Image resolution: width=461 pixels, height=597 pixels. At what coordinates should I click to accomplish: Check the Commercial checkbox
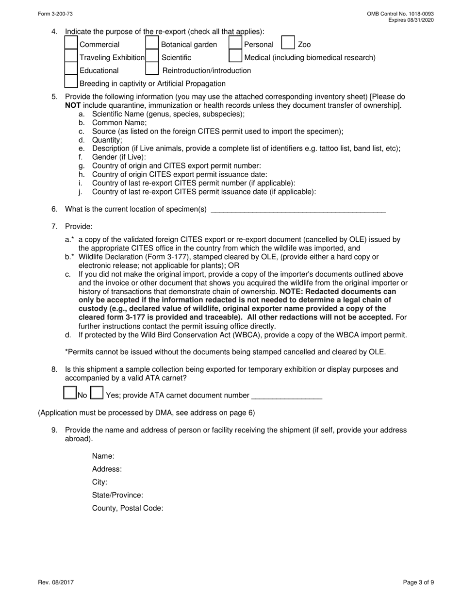(x=71, y=44)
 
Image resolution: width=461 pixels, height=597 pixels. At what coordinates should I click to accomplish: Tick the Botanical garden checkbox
(x=152, y=44)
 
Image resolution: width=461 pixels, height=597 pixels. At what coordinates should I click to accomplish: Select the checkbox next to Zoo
(x=288, y=44)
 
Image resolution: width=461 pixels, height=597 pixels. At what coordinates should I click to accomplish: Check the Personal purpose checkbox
(x=235, y=44)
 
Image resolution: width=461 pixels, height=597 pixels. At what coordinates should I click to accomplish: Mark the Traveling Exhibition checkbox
(x=71, y=57)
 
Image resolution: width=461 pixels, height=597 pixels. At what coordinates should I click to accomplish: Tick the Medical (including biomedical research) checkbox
(x=235, y=57)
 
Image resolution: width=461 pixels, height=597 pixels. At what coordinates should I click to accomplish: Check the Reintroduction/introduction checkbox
(x=152, y=70)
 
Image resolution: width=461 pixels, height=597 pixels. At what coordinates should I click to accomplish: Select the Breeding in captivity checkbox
(x=71, y=83)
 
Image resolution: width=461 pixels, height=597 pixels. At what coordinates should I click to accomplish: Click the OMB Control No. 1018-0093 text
(x=400, y=14)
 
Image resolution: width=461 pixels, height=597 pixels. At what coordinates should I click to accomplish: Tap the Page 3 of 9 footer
(x=418, y=582)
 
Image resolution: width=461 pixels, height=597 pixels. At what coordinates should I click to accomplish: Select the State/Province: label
(x=117, y=495)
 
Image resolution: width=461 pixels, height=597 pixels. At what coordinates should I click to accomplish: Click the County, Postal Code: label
(x=128, y=508)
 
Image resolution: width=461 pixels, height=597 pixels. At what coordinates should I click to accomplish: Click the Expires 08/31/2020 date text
(x=411, y=20)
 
